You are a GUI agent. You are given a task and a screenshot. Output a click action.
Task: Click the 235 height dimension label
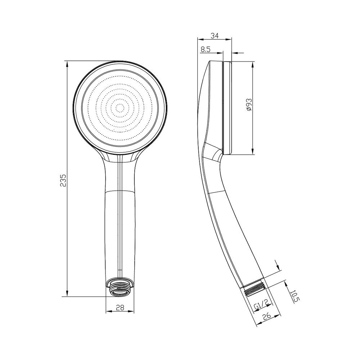coord(63,180)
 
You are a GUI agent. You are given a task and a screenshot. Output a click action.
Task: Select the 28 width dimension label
coord(120,307)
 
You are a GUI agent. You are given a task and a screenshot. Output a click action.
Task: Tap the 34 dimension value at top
coord(215,36)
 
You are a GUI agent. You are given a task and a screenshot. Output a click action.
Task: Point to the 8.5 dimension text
coord(206,49)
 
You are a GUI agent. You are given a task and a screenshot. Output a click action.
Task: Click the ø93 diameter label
coord(248,105)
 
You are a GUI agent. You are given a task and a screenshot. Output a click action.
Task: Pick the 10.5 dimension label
coord(295,297)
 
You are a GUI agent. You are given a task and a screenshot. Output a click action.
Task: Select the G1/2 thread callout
coord(261,306)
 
